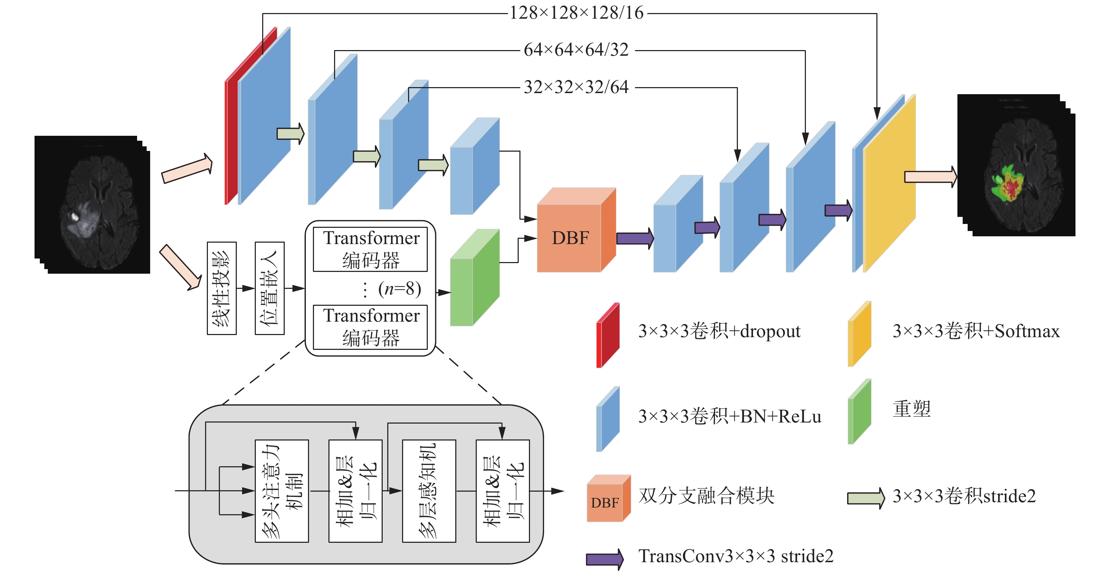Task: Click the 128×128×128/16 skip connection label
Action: [576, 13]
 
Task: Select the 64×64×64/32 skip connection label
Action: [576, 50]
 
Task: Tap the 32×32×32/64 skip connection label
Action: [576, 87]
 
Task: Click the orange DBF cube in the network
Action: [570, 237]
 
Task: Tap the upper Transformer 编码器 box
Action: [371, 249]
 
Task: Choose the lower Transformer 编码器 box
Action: [371, 327]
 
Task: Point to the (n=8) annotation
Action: [399, 288]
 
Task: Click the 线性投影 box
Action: [222, 288]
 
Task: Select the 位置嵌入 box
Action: [269, 288]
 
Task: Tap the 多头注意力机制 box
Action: [282, 491]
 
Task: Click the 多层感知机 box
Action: [429, 491]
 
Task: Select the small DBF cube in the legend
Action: [608, 500]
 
